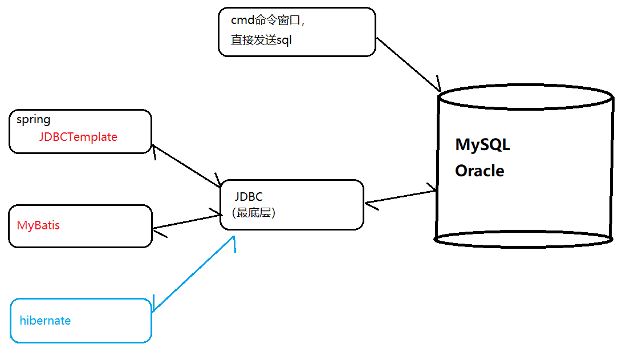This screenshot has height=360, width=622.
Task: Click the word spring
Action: [x=34, y=120]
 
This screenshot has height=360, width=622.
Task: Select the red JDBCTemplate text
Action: [x=78, y=137]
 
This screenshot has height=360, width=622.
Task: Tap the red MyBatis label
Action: [x=38, y=225]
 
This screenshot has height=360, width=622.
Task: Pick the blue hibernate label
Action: [x=45, y=321]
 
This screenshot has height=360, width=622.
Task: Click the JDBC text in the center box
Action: [x=249, y=197]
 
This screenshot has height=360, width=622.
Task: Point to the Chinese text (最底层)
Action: [x=254, y=212]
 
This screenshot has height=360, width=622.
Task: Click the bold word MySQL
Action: [x=482, y=145]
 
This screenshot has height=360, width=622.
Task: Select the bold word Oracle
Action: [x=479, y=171]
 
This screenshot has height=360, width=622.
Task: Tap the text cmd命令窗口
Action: [x=268, y=21]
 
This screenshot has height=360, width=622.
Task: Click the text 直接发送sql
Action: [x=262, y=41]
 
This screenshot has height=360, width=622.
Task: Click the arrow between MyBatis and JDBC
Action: [x=187, y=222]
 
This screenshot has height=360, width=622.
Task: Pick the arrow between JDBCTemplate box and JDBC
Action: [x=187, y=166]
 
